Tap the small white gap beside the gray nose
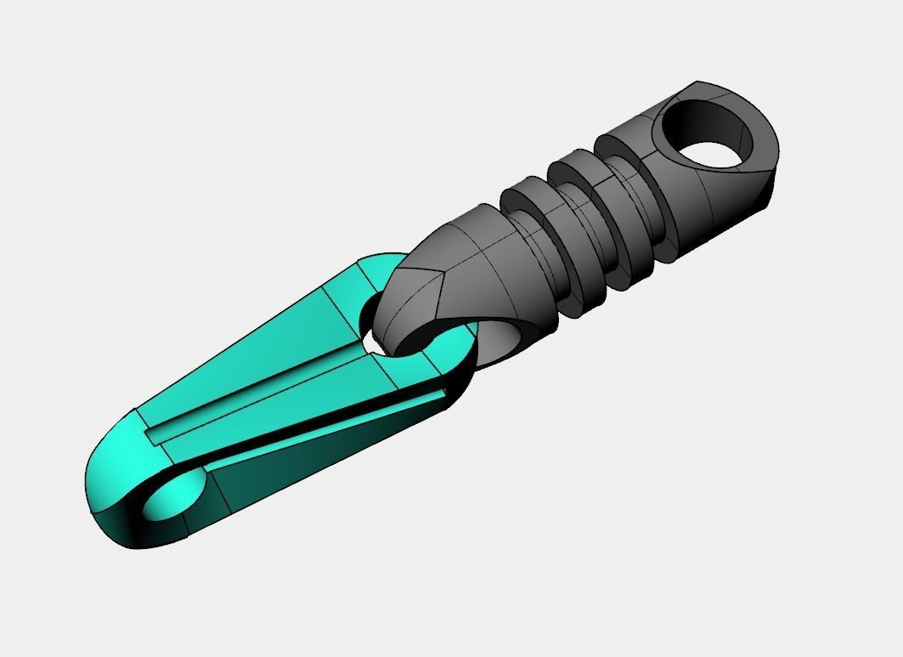coord(372,340)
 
